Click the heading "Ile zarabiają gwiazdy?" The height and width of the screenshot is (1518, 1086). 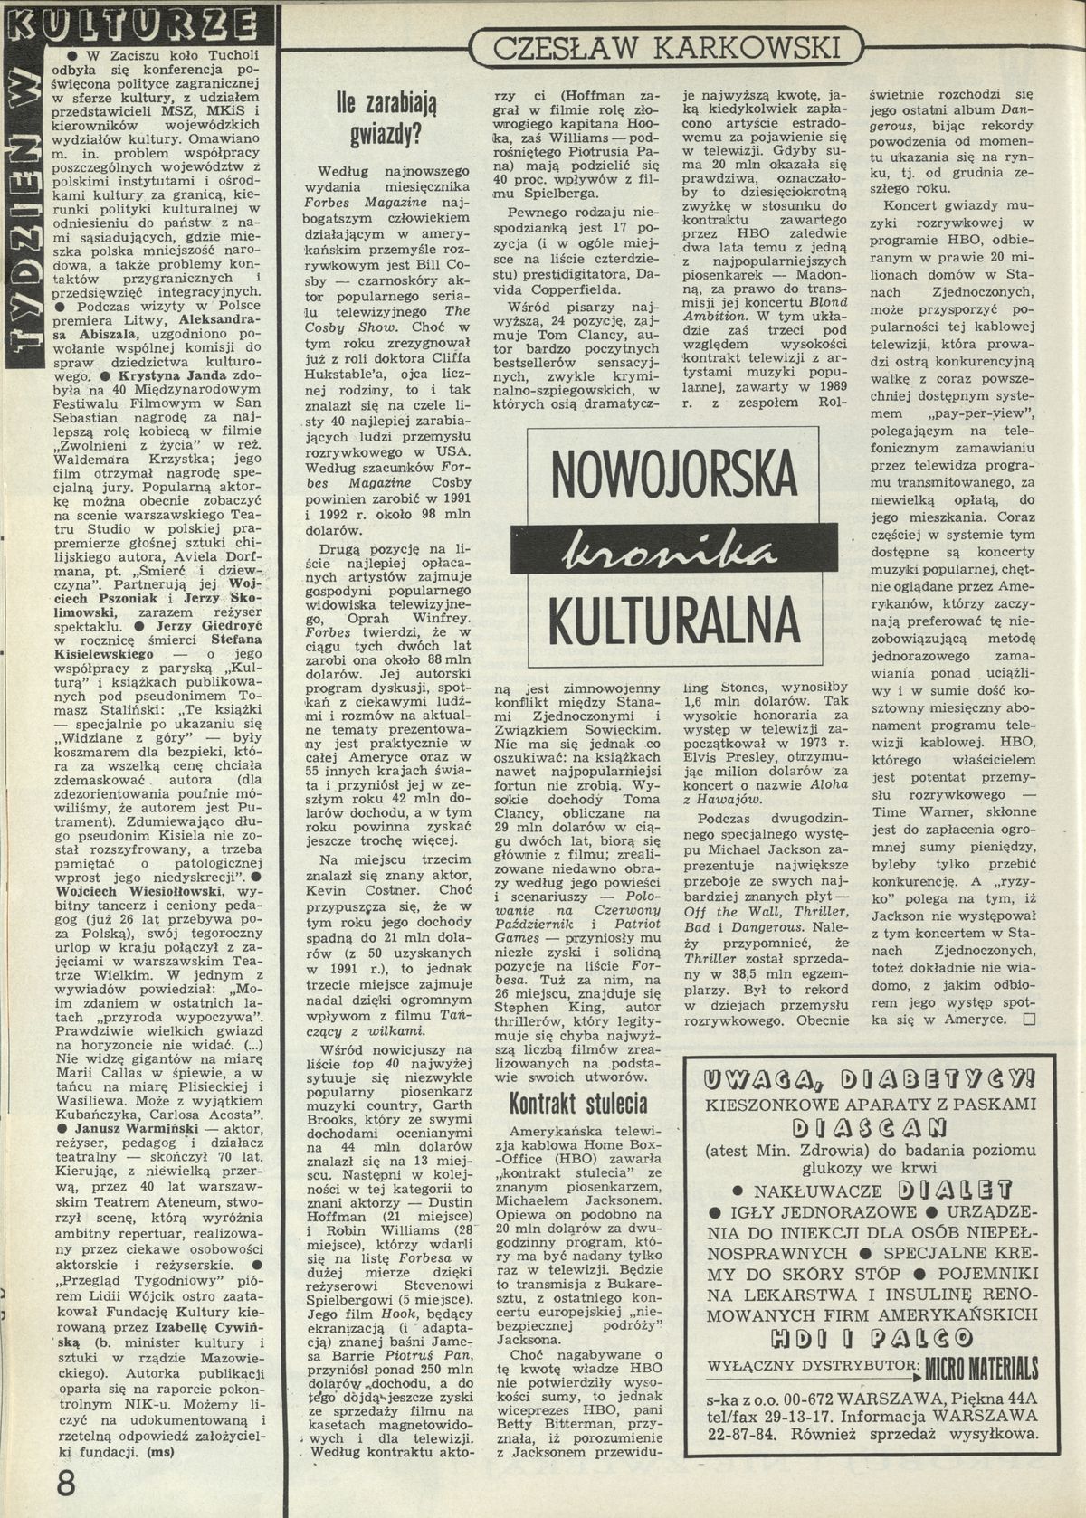click(386, 119)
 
